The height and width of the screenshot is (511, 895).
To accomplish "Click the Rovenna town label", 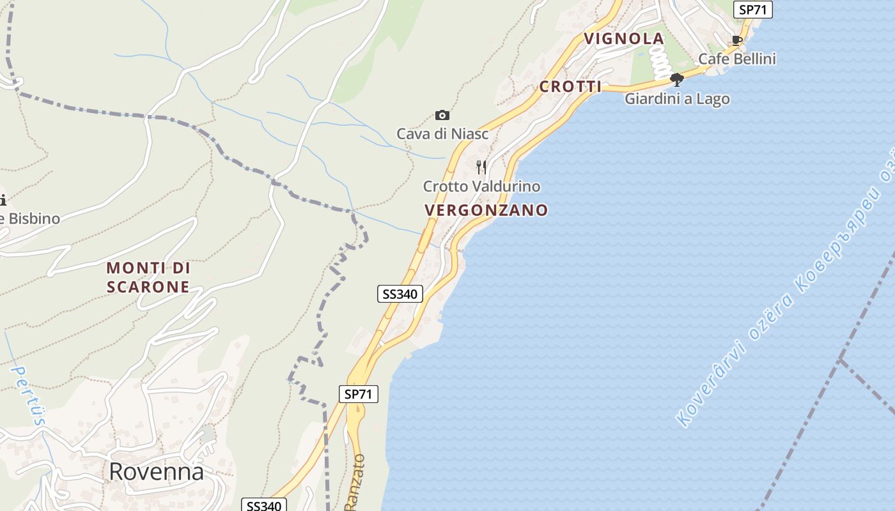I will click(156, 471).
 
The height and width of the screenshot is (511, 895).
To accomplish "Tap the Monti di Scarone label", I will click(148, 277).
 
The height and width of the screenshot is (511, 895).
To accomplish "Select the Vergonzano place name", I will click(486, 210).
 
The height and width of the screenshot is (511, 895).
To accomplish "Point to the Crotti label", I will click(570, 87).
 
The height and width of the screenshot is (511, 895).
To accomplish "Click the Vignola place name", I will click(624, 39).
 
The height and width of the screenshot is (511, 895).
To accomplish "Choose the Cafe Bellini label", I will click(736, 59).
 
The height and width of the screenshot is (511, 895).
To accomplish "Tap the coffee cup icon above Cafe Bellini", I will click(737, 40).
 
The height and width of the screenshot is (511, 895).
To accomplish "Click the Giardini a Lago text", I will click(677, 99).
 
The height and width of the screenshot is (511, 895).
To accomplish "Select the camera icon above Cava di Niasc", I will click(442, 116).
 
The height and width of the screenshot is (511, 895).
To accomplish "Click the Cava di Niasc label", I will click(442, 134).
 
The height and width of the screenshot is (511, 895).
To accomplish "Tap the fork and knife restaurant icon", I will click(481, 167).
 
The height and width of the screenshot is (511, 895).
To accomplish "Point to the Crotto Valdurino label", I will click(481, 187).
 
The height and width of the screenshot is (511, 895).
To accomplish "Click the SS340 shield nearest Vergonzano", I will click(400, 294).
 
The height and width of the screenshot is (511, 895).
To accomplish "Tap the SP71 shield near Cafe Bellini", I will click(754, 10).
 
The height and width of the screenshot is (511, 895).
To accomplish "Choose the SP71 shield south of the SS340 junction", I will click(358, 394).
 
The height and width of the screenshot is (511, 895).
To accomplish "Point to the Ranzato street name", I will click(355, 482).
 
